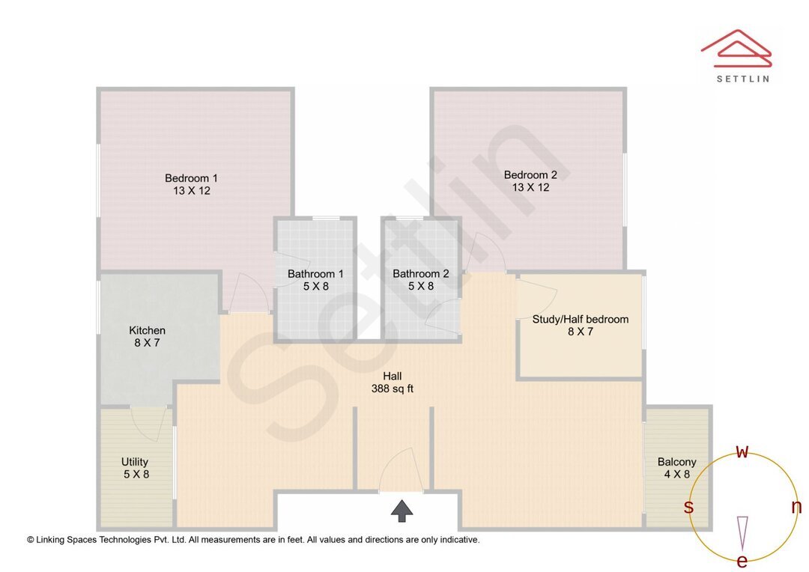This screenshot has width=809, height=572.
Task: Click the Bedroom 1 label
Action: [191, 178]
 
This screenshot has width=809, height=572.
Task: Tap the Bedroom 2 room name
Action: [530, 174]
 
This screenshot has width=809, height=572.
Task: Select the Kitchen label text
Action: [147, 330]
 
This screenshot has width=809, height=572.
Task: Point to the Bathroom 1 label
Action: [315, 274]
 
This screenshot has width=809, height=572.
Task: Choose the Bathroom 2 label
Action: [421, 274]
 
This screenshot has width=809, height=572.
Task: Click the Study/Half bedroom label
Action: [580, 319]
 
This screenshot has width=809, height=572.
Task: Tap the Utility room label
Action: [135, 462]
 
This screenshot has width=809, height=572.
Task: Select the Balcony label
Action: [676, 462]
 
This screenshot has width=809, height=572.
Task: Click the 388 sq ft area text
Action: [393, 389]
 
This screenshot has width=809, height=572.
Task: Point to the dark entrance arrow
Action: [402, 511]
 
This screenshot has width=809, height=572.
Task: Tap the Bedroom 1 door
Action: [246, 293]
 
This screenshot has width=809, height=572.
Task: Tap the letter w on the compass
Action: [742, 451]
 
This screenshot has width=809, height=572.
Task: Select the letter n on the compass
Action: [796, 507]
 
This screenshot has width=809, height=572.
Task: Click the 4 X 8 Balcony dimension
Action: [676, 474]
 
